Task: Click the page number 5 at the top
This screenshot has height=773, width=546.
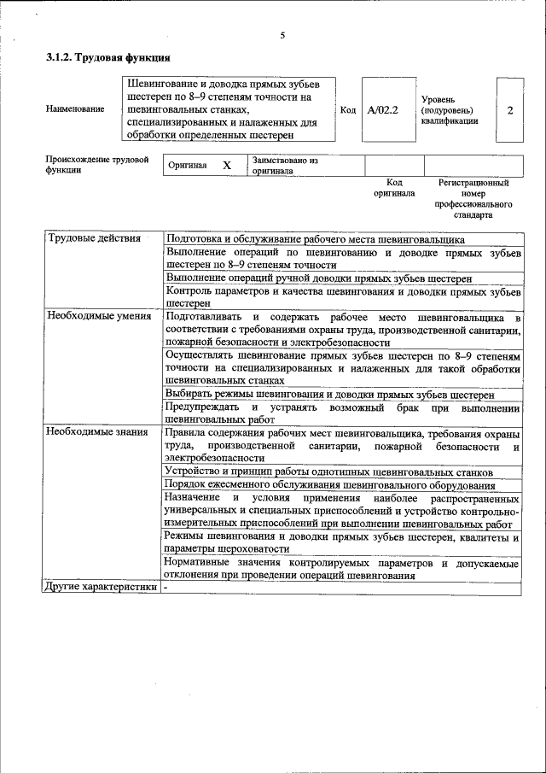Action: pyautogui.click(x=282, y=36)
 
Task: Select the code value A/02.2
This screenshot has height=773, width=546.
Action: pyautogui.click(x=383, y=110)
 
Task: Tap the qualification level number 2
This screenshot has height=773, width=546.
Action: pyautogui.click(x=509, y=110)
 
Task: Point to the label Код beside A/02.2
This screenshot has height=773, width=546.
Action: pyautogui.click(x=348, y=110)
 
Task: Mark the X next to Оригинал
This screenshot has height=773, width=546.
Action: pyautogui.click(x=227, y=165)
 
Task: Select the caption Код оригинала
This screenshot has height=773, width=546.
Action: pyautogui.click(x=393, y=188)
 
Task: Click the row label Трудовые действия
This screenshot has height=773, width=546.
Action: pyautogui.click(x=94, y=238)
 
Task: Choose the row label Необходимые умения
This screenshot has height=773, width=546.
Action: pyautogui.click(x=99, y=316)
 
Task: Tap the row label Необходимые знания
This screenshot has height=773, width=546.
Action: pyautogui.click(x=97, y=432)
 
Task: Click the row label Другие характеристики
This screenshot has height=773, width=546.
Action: pyautogui.click(x=101, y=588)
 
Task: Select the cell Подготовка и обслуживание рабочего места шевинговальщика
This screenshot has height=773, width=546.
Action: pyautogui.click(x=315, y=239)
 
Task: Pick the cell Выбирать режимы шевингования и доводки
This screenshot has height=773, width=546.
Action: pyautogui.click(x=329, y=395)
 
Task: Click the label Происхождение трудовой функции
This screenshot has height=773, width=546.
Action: pyautogui.click(x=96, y=164)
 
